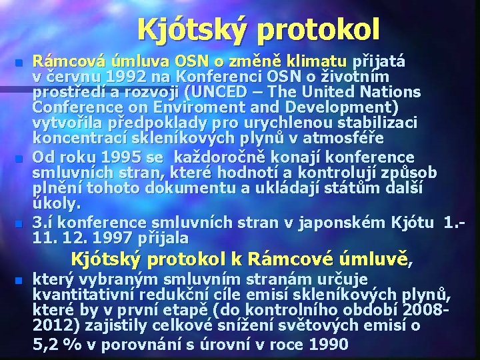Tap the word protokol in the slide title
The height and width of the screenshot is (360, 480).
317,29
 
